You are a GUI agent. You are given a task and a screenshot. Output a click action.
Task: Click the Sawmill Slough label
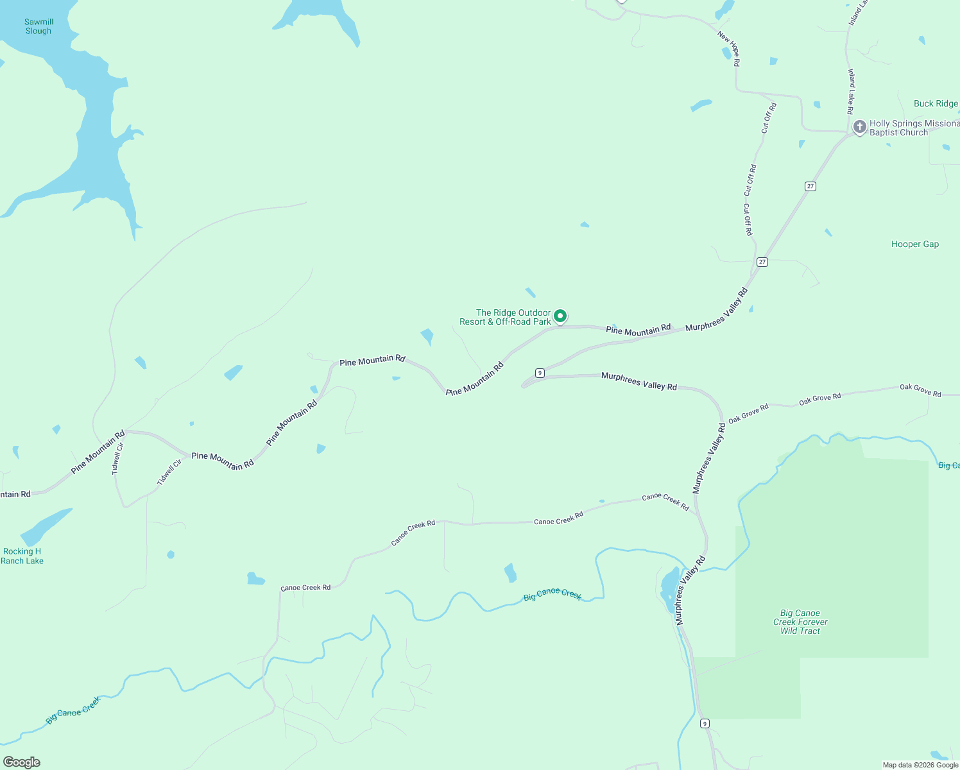pyautogui.click(x=39, y=26)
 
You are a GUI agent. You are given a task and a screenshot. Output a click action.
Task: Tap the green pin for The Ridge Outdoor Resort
pyautogui.click(x=560, y=316)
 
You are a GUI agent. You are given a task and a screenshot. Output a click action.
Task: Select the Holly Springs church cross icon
pyautogui.click(x=859, y=126)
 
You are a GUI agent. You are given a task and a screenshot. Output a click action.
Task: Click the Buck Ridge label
pyautogui.click(x=936, y=104)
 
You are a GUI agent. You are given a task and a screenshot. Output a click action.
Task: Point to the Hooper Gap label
pyautogui.click(x=914, y=244)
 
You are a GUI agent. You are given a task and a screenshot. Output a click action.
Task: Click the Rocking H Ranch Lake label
pyautogui.click(x=22, y=556)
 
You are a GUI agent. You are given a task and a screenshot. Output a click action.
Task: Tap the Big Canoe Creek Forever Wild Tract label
pyautogui.click(x=800, y=622)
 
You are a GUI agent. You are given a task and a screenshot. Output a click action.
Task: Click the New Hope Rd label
pyautogui.click(x=730, y=49)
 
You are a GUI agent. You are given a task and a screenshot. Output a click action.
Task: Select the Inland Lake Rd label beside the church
pyautogui.click(x=851, y=92)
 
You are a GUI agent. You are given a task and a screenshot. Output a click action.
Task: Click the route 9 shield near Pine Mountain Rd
pyautogui.click(x=540, y=373)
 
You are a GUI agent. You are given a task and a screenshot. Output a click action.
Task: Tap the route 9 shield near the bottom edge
pyautogui.click(x=705, y=723)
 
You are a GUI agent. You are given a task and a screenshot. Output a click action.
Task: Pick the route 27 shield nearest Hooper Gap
pyautogui.click(x=762, y=262)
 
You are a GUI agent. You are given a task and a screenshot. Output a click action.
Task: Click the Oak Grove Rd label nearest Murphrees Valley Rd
pyautogui.click(x=748, y=413)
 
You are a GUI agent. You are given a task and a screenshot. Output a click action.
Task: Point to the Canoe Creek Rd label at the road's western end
pyautogui.click(x=305, y=588)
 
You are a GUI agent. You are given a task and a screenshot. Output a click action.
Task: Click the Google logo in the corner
pyautogui.click(x=22, y=762)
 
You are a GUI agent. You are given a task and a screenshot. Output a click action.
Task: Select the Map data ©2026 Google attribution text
pyautogui.click(x=920, y=765)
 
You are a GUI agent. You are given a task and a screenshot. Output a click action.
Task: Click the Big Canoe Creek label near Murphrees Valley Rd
pyautogui.click(x=552, y=595)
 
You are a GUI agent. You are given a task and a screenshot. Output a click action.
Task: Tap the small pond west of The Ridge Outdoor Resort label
pyautogui.click(x=427, y=336)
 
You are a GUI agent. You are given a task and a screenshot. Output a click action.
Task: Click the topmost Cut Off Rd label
pyautogui.click(x=769, y=118)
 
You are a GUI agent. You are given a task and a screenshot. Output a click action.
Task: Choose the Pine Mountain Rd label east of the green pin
pyautogui.click(x=638, y=330)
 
